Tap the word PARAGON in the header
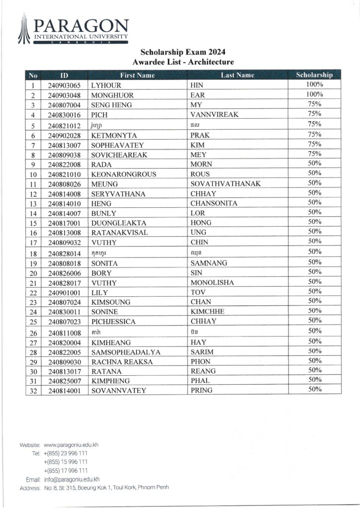82,26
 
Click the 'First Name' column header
138,75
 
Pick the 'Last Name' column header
237,75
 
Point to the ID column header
64,75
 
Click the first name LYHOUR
106,85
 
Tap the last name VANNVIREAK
214,115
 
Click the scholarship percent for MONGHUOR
314,94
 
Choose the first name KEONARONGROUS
124,174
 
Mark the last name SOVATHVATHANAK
226,184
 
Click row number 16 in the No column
33,233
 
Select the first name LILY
100,292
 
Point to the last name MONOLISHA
212,282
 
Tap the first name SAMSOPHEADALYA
126,352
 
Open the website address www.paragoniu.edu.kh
71,445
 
